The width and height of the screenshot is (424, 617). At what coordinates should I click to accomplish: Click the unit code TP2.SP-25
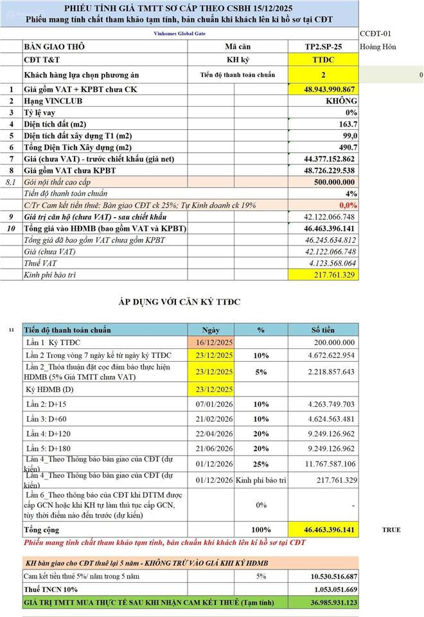(x=323, y=47)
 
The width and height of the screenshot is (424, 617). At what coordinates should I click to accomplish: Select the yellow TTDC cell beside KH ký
(x=323, y=60)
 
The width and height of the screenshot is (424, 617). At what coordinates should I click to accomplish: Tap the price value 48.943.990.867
(x=329, y=89)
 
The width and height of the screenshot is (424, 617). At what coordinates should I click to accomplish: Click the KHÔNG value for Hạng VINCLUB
(x=342, y=101)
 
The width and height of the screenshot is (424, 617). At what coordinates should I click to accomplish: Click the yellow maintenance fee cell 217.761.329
(x=332, y=275)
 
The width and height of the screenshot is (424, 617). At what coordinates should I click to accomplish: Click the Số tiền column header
(x=323, y=330)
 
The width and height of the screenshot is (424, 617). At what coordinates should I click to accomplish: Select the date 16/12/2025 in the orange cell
(x=215, y=343)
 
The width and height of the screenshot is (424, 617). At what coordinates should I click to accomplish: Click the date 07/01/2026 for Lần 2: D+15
(x=215, y=404)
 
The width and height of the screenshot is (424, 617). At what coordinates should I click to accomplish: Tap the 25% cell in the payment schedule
(x=261, y=464)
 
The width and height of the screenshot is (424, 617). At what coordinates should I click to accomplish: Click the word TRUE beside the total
(x=391, y=530)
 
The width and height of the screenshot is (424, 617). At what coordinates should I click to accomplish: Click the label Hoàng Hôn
(x=378, y=47)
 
